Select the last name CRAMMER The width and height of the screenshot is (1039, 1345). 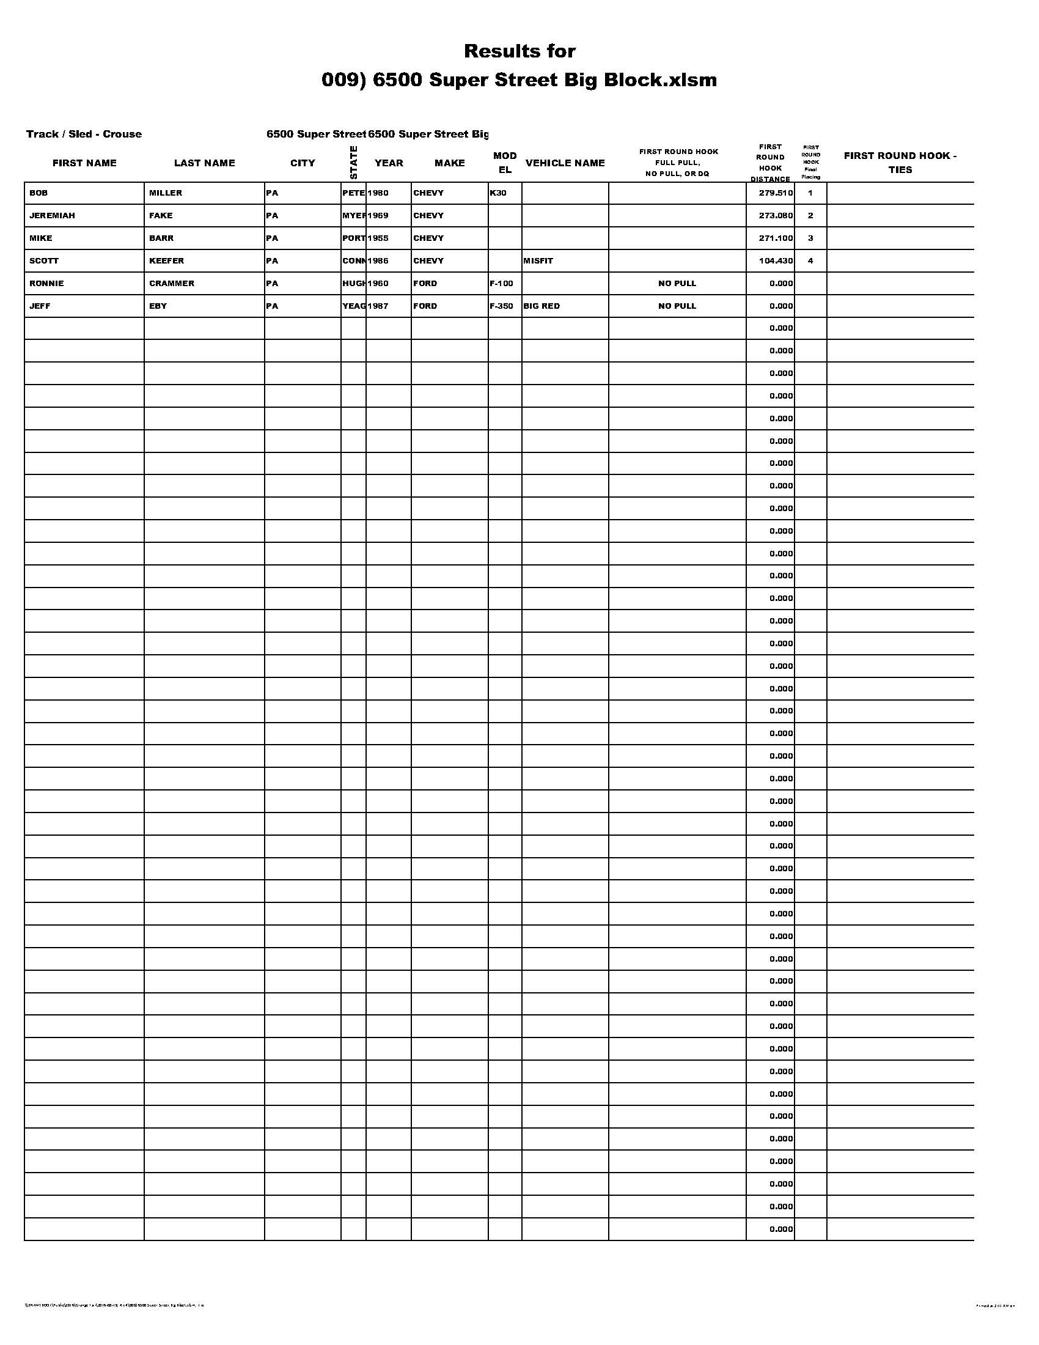coord(172,283)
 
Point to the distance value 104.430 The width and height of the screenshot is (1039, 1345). coord(776,260)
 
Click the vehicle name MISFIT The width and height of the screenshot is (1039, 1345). coord(538,260)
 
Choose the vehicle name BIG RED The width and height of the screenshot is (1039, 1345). coord(542,306)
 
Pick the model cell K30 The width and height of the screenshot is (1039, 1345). coord(498,193)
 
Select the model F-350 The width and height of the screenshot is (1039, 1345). coord(502,306)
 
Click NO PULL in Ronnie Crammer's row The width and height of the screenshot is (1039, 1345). coord(677,283)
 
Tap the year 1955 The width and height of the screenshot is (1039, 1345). coord(378,238)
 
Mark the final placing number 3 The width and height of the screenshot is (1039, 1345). coord(810,238)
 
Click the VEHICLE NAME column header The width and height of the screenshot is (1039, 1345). coord(565,163)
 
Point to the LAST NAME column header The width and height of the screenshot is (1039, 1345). coord(204,163)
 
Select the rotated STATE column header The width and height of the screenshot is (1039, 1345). coord(353,163)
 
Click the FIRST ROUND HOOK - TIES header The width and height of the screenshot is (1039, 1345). coord(900,163)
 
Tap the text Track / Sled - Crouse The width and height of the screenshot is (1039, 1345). coord(84,134)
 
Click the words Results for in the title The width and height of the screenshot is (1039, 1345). coord(519,51)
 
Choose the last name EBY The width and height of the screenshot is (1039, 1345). coord(158,306)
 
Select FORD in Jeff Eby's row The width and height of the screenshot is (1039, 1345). coord(425,306)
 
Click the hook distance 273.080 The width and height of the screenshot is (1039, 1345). coord(776,216)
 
